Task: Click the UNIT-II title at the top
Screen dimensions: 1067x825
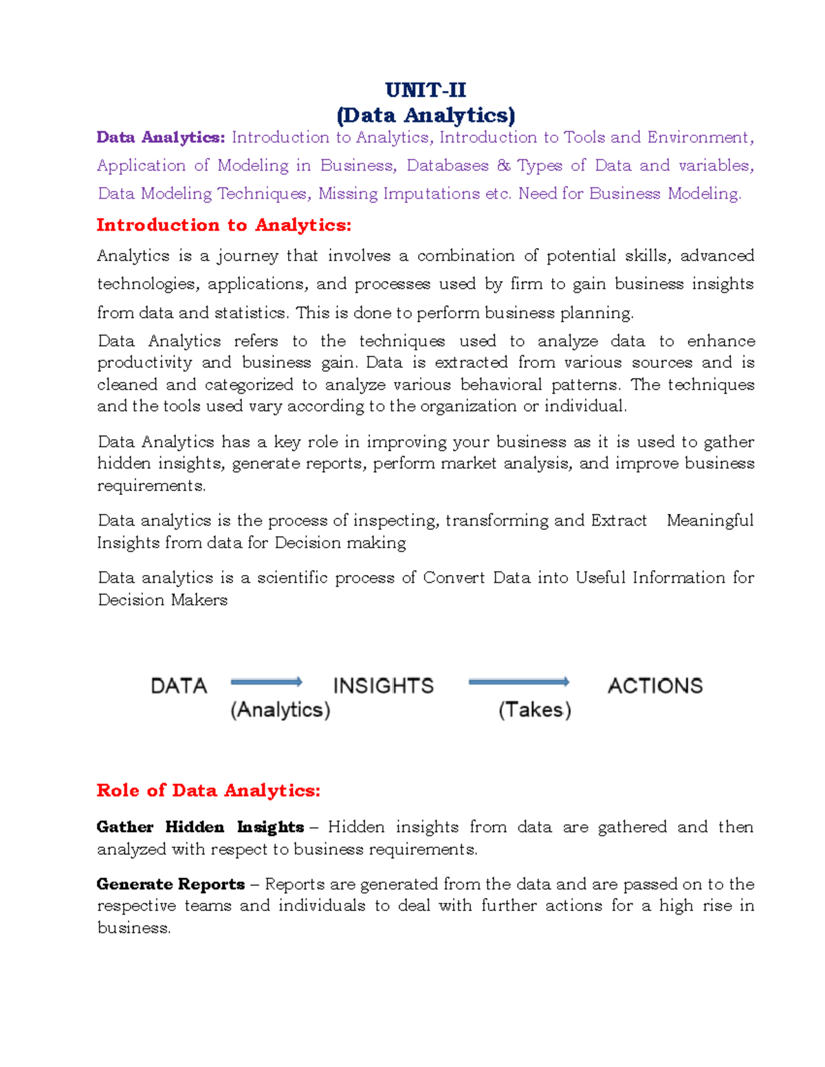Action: click(x=425, y=90)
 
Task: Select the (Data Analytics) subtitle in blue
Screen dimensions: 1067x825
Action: click(x=426, y=115)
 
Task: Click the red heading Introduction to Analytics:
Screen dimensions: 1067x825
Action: click(x=223, y=225)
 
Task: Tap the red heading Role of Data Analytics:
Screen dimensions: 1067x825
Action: click(x=208, y=790)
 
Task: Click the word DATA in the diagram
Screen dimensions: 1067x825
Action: click(x=179, y=686)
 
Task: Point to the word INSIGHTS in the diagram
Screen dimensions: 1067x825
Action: click(x=383, y=686)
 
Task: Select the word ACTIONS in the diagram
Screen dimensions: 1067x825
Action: click(x=654, y=686)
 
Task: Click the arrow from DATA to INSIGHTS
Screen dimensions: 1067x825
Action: click(x=266, y=682)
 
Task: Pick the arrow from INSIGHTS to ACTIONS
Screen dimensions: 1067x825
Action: click(x=518, y=682)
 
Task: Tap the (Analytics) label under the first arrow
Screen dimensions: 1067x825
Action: click(x=280, y=710)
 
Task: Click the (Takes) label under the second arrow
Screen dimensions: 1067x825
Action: click(x=535, y=710)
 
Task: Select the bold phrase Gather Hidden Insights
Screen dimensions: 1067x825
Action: click(x=200, y=827)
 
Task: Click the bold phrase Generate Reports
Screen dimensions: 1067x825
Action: click(x=170, y=884)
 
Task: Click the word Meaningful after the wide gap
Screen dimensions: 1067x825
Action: click(x=709, y=521)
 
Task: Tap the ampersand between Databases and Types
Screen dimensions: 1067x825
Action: click(x=503, y=166)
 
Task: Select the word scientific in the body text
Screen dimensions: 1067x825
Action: click(x=292, y=578)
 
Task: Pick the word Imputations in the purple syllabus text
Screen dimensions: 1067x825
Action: click(x=431, y=194)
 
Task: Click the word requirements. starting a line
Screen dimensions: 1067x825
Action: click(x=151, y=486)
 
